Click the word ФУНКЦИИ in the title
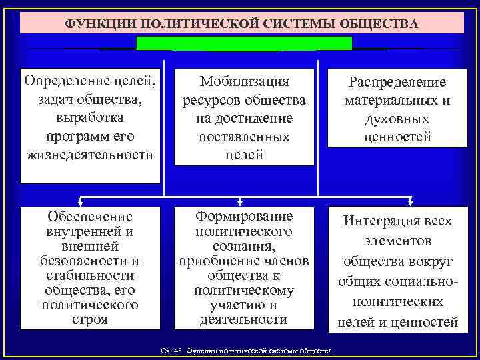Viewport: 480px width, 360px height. click(96, 24)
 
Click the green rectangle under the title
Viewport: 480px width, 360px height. click(244, 44)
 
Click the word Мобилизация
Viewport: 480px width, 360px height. click(245, 81)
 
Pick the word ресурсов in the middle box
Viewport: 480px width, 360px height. click(213, 100)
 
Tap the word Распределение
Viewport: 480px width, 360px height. click(397, 82)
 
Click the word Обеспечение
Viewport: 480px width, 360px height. click(91, 217)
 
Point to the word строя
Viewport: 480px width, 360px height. click(91, 319)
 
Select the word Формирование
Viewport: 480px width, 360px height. click(244, 217)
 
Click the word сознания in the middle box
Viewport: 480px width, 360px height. click(244, 246)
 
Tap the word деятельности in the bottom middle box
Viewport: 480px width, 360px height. click(244, 319)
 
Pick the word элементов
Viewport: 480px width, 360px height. click(397, 240)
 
